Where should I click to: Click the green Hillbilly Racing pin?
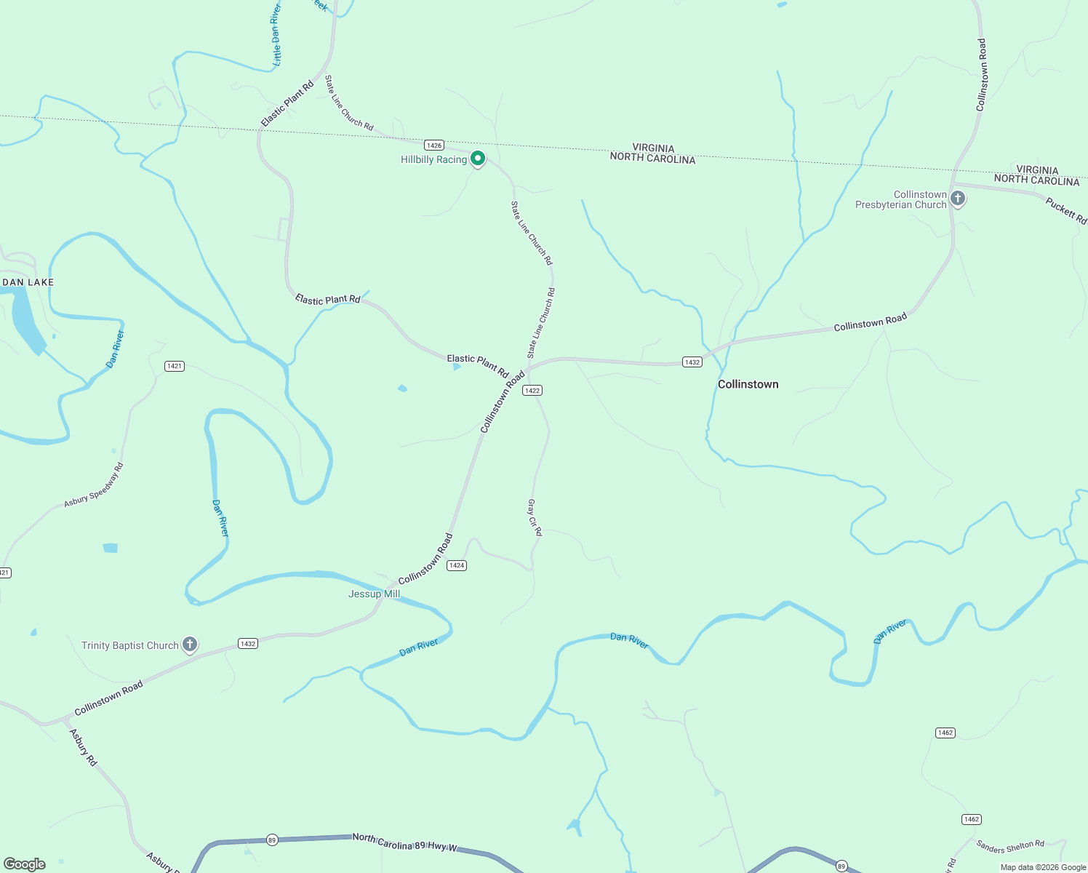click(x=478, y=158)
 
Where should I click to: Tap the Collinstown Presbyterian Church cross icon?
click(x=958, y=198)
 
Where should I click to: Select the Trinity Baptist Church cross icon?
click(x=189, y=645)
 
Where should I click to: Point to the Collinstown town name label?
click(x=748, y=384)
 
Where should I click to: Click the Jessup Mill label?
click(x=374, y=594)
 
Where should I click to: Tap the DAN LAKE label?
click(x=28, y=282)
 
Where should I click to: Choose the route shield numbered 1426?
click(x=434, y=145)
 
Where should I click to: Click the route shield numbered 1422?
click(x=532, y=391)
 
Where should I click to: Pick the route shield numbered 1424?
click(x=456, y=565)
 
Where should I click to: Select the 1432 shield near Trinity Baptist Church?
click(x=248, y=644)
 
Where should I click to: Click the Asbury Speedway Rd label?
click(x=94, y=485)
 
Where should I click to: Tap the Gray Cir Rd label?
click(x=535, y=517)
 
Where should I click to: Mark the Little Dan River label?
click(x=276, y=35)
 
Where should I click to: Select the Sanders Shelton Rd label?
click(x=1010, y=846)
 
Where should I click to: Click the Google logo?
click(x=25, y=864)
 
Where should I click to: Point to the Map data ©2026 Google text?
click(x=1043, y=867)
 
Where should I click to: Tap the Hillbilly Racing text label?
click(x=433, y=159)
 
